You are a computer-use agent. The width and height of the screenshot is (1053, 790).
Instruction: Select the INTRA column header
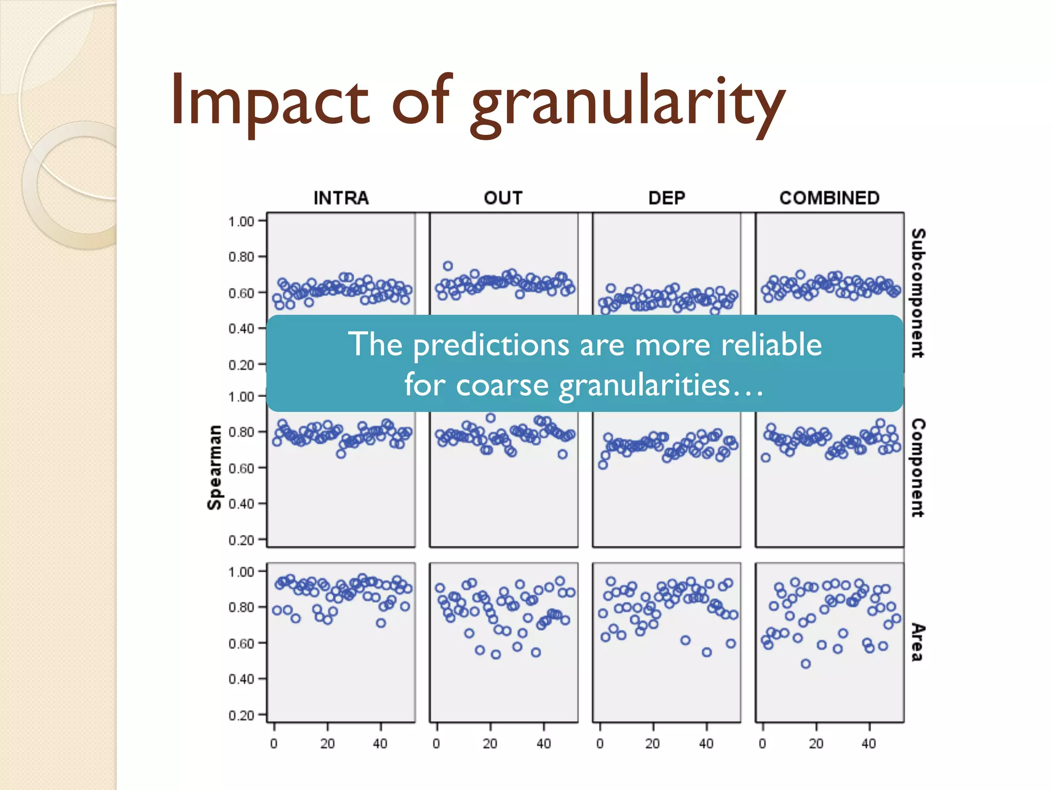point(341,198)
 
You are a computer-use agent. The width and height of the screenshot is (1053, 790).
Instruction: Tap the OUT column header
point(503,198)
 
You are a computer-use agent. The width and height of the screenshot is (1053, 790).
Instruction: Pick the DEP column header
point(666,198)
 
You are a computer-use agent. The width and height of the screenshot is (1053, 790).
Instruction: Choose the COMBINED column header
point(829,198)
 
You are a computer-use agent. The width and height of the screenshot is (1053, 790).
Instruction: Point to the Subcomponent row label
point(918,293)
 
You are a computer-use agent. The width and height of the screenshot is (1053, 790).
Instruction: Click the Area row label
point(918,642)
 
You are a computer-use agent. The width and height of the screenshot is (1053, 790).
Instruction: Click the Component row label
point(918,468)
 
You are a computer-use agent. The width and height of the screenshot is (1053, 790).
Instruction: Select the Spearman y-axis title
point(214,468)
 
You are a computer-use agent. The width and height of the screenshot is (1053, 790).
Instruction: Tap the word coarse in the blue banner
point(502,385)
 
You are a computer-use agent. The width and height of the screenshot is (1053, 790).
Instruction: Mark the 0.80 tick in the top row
point(241,257)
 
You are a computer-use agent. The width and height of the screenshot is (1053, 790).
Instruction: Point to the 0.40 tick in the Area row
point(241,679)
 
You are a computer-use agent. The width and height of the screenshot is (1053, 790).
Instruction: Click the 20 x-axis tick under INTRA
point(328,743)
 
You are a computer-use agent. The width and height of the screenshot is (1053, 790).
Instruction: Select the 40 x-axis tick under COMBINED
point(868,743)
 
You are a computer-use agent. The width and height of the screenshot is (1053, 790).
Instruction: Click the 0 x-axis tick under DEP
point(600,743)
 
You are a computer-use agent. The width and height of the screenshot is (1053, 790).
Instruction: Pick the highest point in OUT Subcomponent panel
point(448,266)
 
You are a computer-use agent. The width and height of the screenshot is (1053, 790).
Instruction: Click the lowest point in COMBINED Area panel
point(806,664)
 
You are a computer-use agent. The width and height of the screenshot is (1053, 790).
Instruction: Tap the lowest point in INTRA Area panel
point(380,623)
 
